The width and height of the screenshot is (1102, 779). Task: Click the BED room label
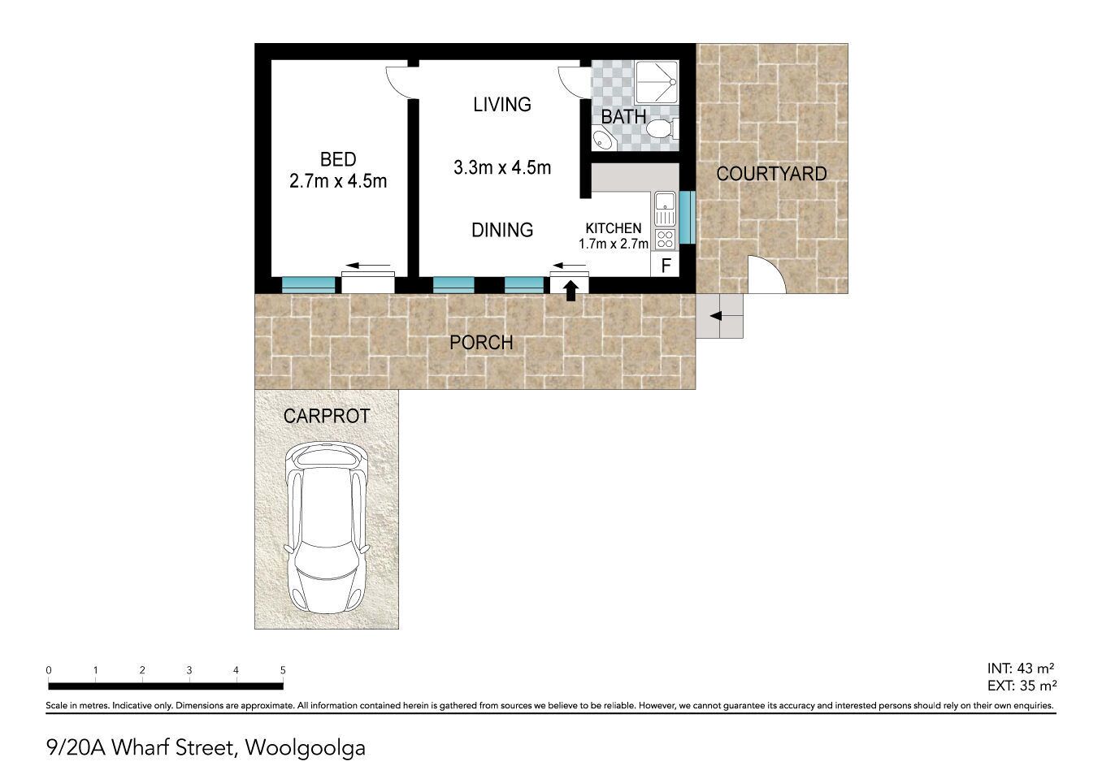[x=338, y=160]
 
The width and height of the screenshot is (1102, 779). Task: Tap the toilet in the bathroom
[x=662, y=129]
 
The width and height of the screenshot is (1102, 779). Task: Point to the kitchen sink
[x=665, y=209]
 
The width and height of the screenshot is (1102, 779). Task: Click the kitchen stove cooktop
[x=665, y=239]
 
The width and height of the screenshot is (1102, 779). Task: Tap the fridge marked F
[x=665, y=265]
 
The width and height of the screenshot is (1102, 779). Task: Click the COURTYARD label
[x=771, y=174]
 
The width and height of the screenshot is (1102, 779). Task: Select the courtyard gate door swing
[x=766, y=275]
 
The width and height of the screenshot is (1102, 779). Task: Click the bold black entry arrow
[x=571, y=291]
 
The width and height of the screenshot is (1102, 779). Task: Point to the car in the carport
[x=328, y=527]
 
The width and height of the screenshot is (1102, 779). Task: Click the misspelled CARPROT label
[x=327, y=416]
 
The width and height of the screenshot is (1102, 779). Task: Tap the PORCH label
[x=481, y=342]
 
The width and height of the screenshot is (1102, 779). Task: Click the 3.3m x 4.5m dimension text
[x=502, y=167]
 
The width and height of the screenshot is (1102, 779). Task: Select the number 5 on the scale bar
[x=283, y=670]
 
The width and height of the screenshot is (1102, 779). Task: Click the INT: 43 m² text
[x=1021, y=669]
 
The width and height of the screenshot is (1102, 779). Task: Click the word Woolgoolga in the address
[x=306, y=748]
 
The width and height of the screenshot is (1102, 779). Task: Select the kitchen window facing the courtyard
[x=688, y=218]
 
